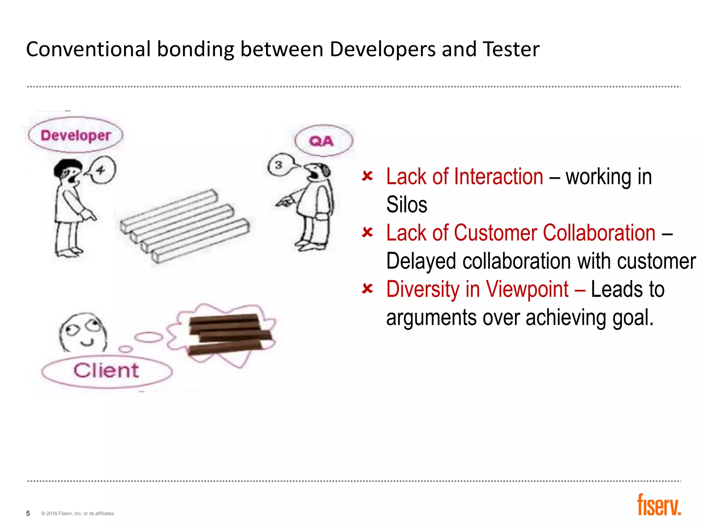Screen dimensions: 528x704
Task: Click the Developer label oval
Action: pyautogui.click(x=76, y=135)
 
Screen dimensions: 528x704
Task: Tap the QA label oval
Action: pyautogui.click(x=323, y=141)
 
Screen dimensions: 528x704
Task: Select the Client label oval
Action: pyautogui.click(x=107, y=371)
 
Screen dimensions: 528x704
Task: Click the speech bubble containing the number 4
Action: pyautogui.click(x=101, y=170)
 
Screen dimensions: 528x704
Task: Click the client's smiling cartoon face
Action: pyautogui.click(x=83, y=332)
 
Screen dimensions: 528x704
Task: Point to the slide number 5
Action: pyautogui.click(x=28, y=513)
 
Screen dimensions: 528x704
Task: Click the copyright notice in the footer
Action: pyautogui.click(x=78, y=514)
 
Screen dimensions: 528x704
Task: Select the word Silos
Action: pyautogui.click(x=407, y=205)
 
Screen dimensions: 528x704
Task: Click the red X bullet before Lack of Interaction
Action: pyautogui.click(x=367, y=176)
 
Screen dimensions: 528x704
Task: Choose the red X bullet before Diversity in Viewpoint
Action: pyautogui.click(x=367, y=288)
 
